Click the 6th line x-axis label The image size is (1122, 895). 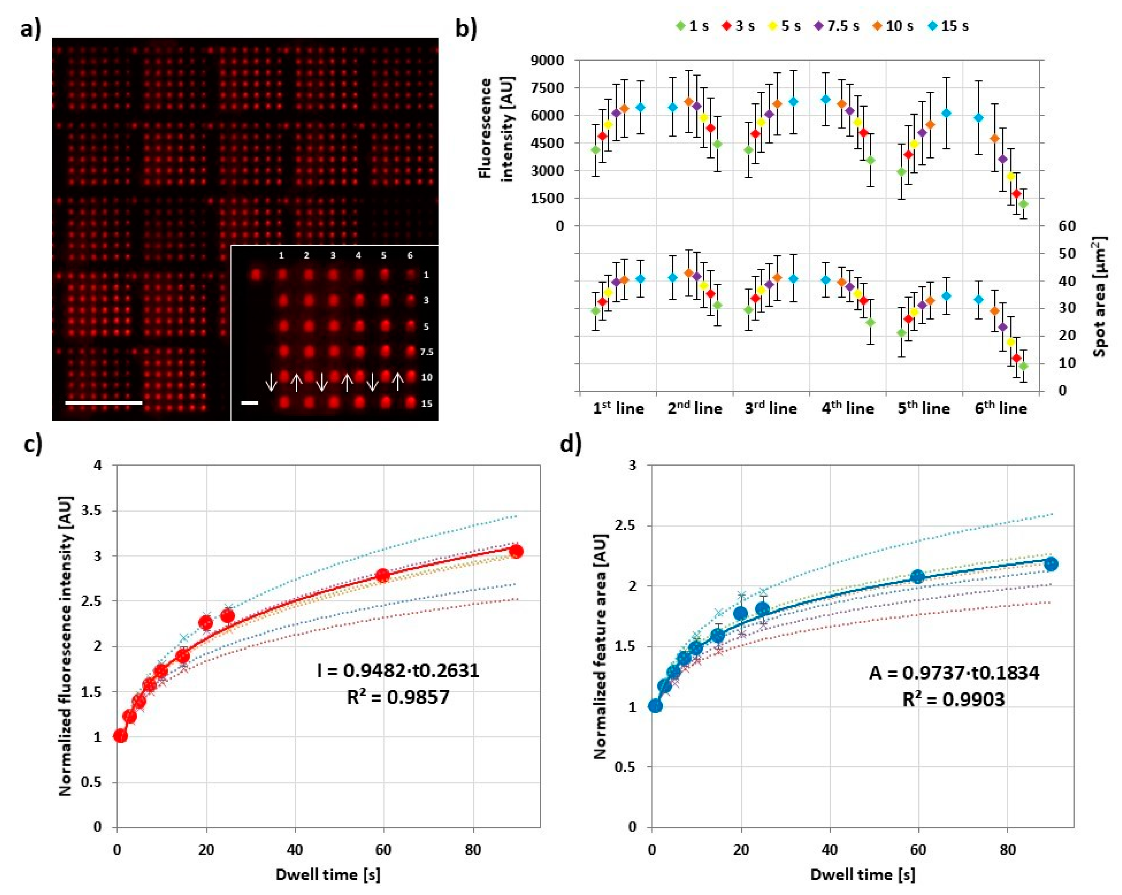click(1001, 409)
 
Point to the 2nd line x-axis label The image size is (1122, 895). click(695, 409)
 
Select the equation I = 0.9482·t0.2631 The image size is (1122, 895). click(398, 671)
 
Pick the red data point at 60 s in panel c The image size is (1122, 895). click(383, 575)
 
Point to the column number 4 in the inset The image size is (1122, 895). click(358, 256)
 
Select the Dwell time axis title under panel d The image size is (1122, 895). click(862, 875)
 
